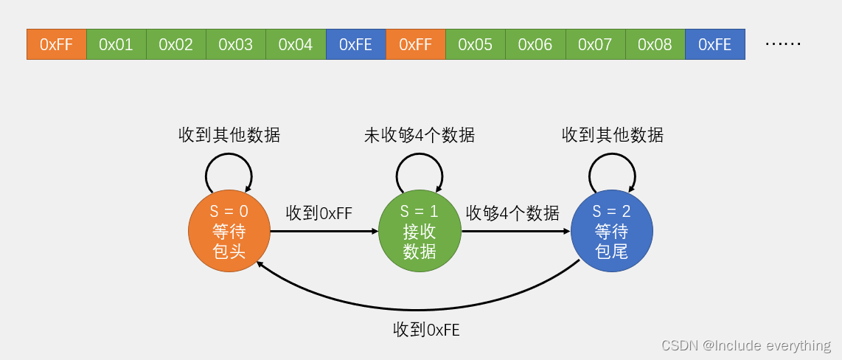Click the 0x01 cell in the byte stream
[x=116, y=44]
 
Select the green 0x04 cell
[x=296, y=44]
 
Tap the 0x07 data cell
[x=595, y=44]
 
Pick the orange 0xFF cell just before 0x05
[x=415, y=44]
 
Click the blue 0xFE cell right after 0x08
[x=714, y=44]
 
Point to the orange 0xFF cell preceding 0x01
[x=57, y=44]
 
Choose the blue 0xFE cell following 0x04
[x=355, y=44]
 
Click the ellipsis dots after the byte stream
[x=782, y=44]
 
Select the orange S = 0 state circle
[x=229, y=232]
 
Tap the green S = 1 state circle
[x=420, y=232]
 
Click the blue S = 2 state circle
[x=611, y=232]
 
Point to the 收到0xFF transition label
[x=319, y=213]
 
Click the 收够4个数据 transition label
[x=512, y=213]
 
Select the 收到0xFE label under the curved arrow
[x=426, y=330]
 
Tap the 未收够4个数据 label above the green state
[x=420, y=135]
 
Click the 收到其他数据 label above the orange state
[x=229, y=135]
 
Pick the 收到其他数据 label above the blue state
[x=612, y=135]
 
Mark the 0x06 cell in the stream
[x=535, y=44]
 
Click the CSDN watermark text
[x=745, y=345]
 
